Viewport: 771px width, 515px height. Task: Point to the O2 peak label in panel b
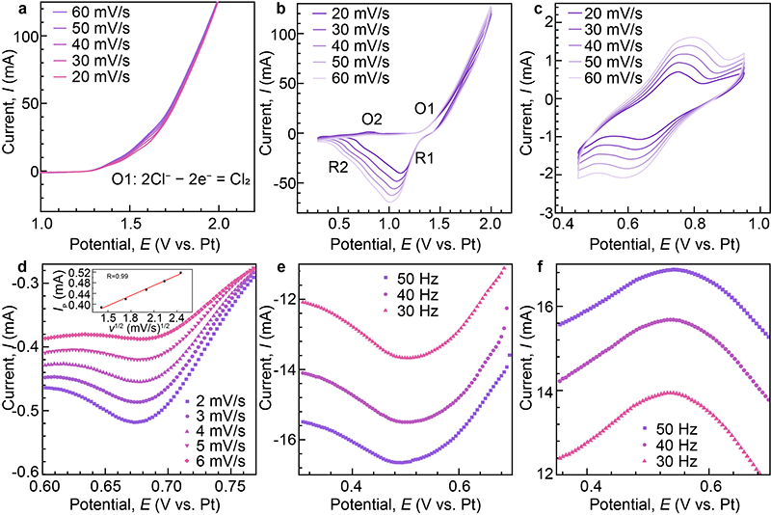pos(372,120)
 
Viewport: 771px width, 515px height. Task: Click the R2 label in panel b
pos(336,166)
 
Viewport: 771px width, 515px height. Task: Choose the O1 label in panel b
pos(425,107)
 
